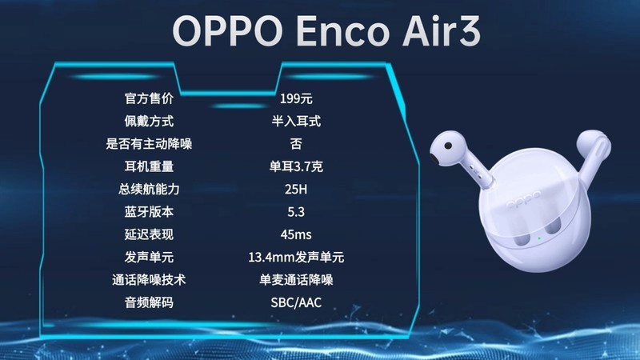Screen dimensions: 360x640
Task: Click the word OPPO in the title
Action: coord(226,31)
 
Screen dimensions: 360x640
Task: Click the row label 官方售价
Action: coord(149,99)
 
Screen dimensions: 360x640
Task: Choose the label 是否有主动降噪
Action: coord(149,144)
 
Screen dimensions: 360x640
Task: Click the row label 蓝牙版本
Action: coord(149,212)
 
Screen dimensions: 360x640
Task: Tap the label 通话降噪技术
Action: coord(149,280)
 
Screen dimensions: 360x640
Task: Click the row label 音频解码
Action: coord(149,302)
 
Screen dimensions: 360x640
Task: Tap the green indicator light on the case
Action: coord(539,238)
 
